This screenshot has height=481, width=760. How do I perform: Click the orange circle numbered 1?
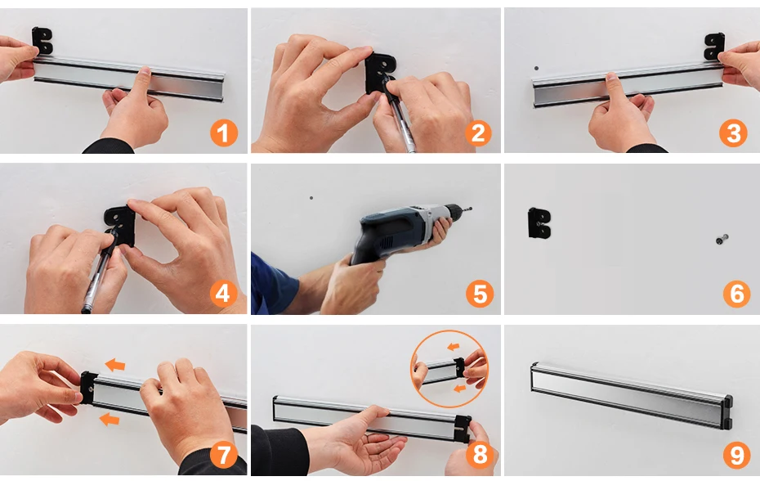224,133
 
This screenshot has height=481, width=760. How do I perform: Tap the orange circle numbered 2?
478,133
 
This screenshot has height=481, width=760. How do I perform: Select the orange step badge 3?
733,133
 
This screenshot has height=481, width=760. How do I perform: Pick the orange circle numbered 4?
223,293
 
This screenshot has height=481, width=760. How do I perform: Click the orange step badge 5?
480,293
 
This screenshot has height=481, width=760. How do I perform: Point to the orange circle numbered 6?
736,293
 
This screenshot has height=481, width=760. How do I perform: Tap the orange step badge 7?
224,455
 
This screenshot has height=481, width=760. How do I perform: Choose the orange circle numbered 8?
480,455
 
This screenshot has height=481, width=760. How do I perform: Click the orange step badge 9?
737,455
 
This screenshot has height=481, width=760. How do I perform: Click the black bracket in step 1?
42,41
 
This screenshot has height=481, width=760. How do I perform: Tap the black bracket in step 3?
714,46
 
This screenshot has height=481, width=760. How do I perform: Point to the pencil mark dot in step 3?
536,69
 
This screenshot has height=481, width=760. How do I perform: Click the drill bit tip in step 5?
471,209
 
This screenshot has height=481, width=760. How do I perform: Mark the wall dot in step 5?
311,198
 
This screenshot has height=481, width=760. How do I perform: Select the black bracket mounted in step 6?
539,223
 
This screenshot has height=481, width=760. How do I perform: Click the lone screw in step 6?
722,239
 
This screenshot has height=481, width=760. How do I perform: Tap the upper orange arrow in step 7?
115,365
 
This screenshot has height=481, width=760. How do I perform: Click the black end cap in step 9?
726,412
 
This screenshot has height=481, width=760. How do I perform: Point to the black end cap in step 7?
87,387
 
